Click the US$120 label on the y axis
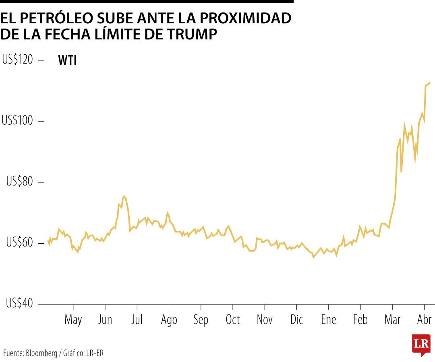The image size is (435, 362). [x=18, y=60]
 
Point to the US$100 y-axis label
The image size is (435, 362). [x=18, y=121]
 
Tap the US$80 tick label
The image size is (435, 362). [x=19, y=182]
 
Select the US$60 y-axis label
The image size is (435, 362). [x=19, y=243]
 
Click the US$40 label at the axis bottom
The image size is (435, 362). [x=19, y=304]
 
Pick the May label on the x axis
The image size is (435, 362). [x=73, y=320]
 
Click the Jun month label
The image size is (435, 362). [x=105, y=320]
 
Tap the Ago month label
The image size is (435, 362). [x=169, y=321]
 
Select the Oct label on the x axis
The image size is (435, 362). [x=232, y=320]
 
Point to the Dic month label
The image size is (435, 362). [x=296, y=320]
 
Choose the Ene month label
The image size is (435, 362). [x=328, y=320]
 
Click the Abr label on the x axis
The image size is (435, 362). [x=424, y=320]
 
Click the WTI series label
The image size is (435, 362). [x=67, y=61]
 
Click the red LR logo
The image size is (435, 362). [x=420, y=344]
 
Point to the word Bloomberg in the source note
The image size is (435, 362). [x=41, y=353]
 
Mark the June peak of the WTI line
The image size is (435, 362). [x=124, y=196]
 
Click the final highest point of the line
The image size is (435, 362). [x=430, y=83]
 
